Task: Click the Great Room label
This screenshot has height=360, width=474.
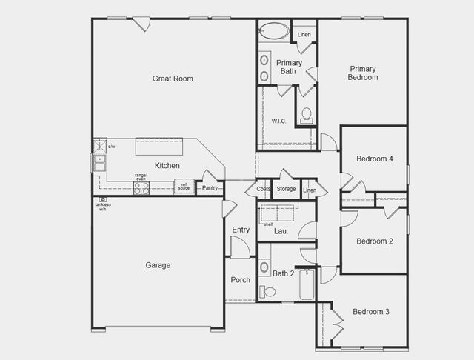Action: click(x=173, y=79)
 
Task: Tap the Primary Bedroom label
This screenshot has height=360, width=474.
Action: click(x=364, y=73)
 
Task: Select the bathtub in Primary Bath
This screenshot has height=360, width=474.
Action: click(x=273, y=32)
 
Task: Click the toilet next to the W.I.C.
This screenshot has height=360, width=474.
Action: click(x=307, y=115)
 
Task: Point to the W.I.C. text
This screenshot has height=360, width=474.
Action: click(x=278, y=121)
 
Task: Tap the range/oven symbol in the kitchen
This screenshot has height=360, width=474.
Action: click(x=141, y=188)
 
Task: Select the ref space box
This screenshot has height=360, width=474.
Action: click(x=184, y=187)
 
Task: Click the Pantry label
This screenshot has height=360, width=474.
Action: click(x=210, y=188)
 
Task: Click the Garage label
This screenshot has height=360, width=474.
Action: click(x=158, y=265)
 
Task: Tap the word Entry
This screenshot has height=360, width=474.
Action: click(x=241, y=230)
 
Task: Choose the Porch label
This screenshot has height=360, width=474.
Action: click(x=240, y=280)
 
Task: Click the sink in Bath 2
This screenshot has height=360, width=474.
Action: click(x=264, y=267)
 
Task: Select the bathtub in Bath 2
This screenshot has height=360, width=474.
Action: click(x=307, y=285)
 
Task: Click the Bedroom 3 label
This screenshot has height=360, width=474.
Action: click(x=370, y=312)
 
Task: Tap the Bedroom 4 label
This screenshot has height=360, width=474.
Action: click(x=374, y=159)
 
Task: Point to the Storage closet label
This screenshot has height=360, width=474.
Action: click(x=287, y=190)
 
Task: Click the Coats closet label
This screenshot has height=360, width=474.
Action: click(x=264, y=190)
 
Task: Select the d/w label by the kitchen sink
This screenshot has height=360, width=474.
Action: click(x=111, y=147)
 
